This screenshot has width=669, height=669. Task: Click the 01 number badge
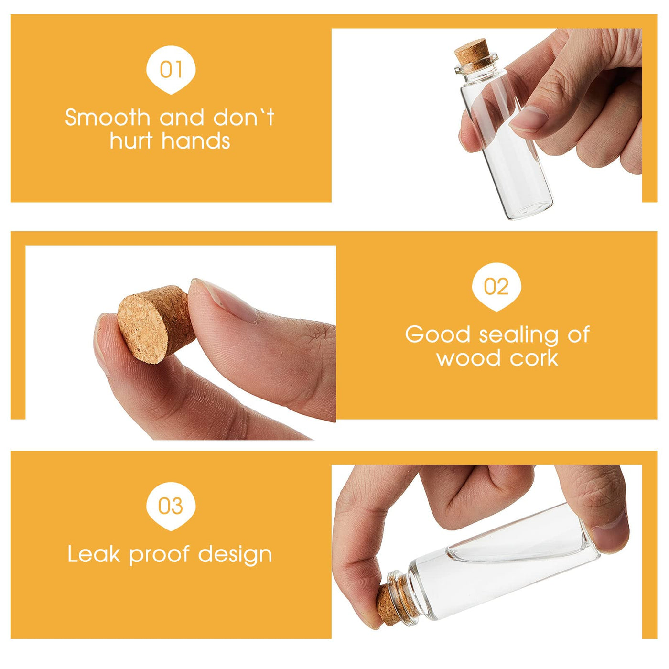tap(171, 69)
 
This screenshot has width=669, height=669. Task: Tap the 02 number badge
tap(496, 287)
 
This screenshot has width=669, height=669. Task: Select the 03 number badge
tap(171, 506)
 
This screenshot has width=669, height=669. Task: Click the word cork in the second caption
tap(534, 358)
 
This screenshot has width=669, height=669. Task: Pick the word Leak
tap(94, 554)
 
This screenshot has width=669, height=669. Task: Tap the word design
tap(235, 555)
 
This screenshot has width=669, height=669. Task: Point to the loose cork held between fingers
tap(155, 324)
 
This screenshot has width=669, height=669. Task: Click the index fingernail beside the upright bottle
tap(529, 119)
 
